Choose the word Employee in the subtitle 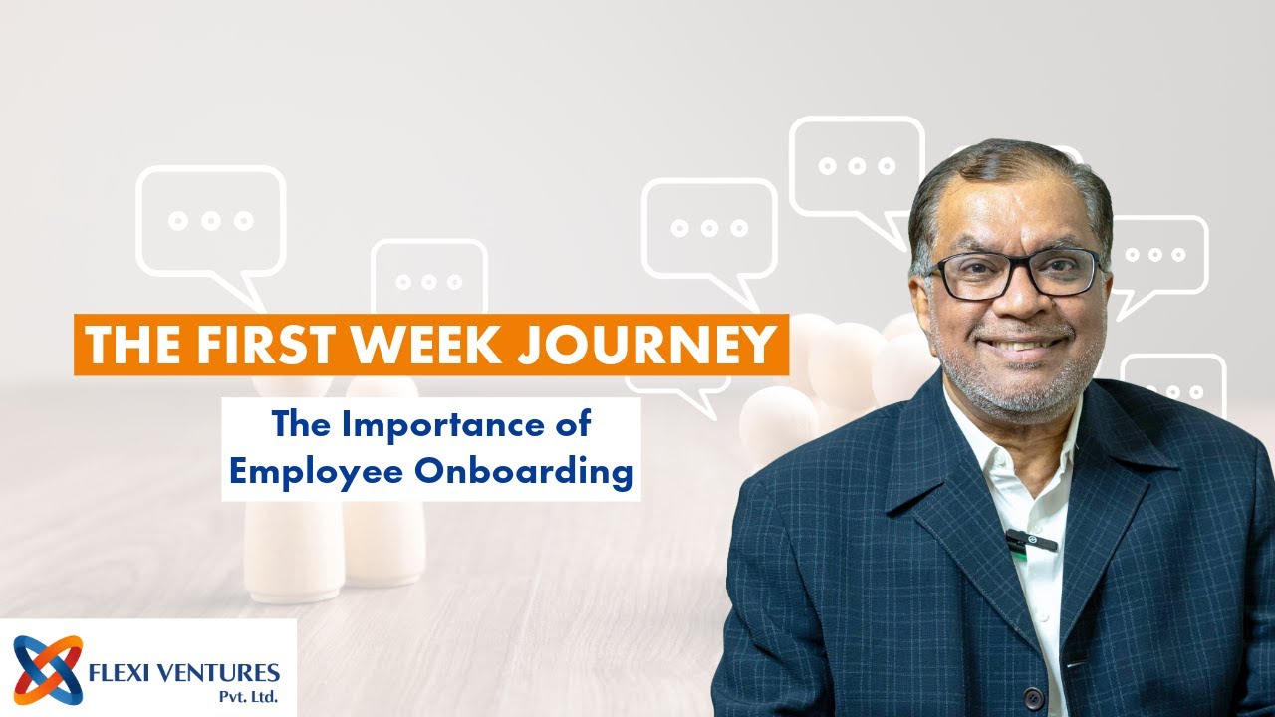tap(321, 472)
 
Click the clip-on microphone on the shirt tap(1030, 541)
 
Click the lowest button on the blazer tap(1033, 698)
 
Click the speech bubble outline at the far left tap(210, 221)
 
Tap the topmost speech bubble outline tap(857, 167)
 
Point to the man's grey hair tap(1006, 169)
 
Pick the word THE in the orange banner tap(123, 345)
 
